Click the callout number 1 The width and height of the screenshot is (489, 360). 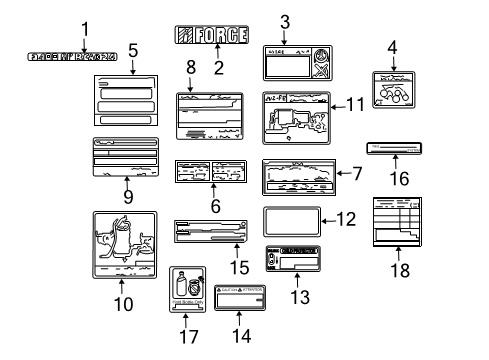(x=85, y=29)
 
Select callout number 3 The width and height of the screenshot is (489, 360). (x=285, y=20)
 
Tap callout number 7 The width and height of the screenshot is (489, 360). (x=356, y=173)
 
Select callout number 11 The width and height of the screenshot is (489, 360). (x=352, y=104)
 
